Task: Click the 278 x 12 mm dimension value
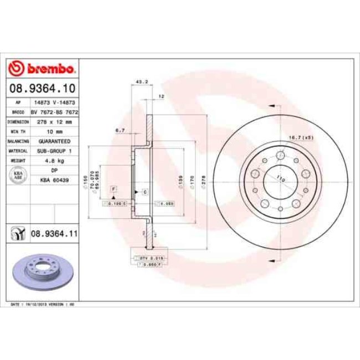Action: click(x=54, y=120)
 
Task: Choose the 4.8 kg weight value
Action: click(x=54, y=161)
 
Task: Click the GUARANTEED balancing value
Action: click(x=54, y=141)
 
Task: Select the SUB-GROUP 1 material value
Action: click(x=54, y=151)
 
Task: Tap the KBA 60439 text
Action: click(x=54, y=179)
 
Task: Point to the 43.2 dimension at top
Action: click(x=141, y=82)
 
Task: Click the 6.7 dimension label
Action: click(x=119, y=130)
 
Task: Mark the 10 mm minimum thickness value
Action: click(x=54, y=131)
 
